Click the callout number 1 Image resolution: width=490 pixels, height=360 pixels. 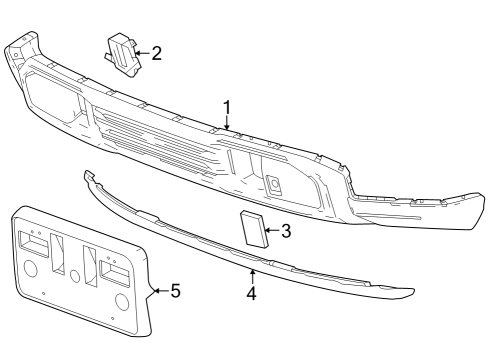[x=227, y=108]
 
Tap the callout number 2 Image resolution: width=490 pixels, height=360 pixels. [x=156, y=52]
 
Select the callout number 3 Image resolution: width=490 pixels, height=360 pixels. [x=286, y=232]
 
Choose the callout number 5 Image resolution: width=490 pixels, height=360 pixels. [x=175, y=291]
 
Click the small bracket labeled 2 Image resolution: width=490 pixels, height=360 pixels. [x=120, y=52]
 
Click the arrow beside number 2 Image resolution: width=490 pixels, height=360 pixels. [x=141, y=52]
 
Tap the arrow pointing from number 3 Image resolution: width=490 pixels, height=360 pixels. [x=271, y=232]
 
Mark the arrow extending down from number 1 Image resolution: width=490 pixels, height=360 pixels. [x=228, y=124]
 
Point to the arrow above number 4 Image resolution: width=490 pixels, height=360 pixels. [x=252, y=275]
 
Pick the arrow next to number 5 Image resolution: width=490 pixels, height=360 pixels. [x=159, y=291]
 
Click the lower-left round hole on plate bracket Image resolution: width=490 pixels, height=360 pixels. [x=30, y=269]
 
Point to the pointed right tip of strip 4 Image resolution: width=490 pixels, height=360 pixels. [x=410, y=293]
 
